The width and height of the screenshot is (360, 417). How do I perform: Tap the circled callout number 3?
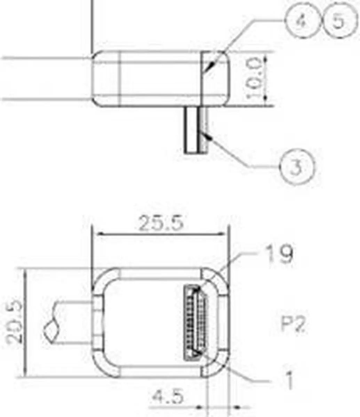(x=297, y=167)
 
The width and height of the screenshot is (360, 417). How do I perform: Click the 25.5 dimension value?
(x=161, y=223)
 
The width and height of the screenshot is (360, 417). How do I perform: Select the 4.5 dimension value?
(x=168, y=396)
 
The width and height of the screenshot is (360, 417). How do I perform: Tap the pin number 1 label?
(x=289, y=381)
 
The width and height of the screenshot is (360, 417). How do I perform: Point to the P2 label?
(x=293, y=325)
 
